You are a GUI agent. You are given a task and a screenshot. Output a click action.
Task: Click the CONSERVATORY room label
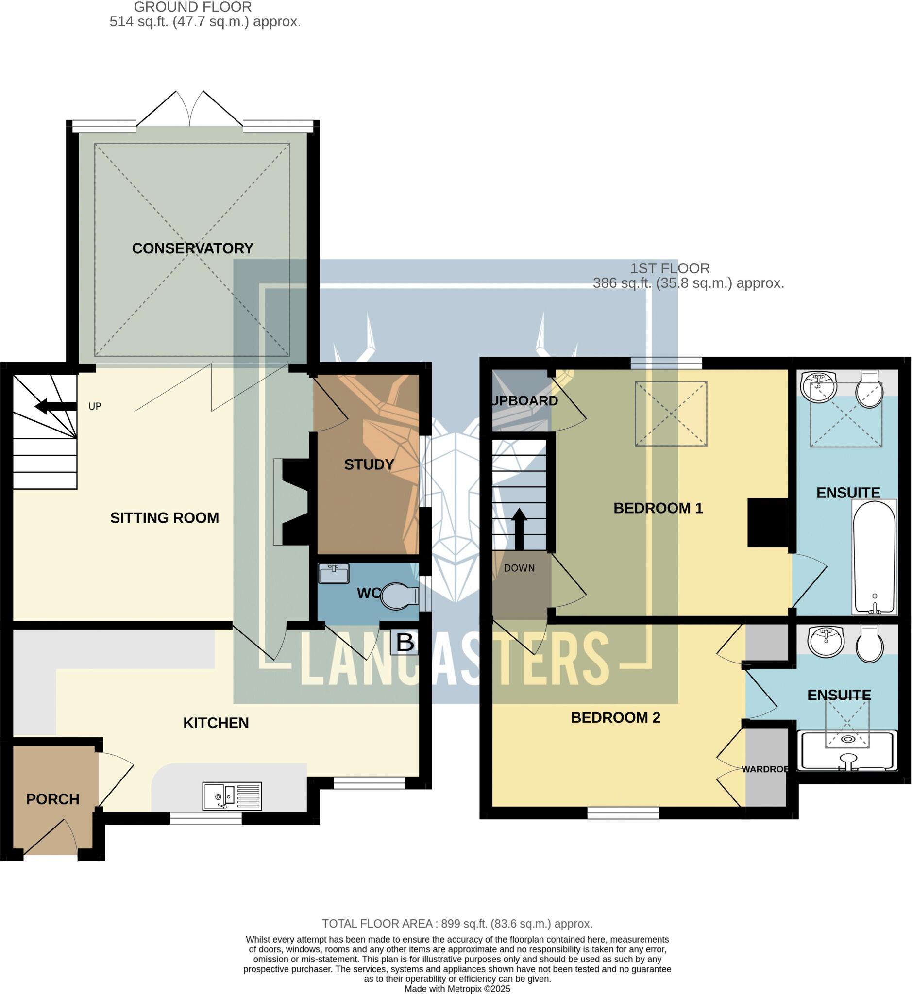click(x=192, y=248)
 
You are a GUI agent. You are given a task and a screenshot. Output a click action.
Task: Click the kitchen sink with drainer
click(x=232, y=795)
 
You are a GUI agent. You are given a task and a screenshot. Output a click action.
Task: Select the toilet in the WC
click(x=399, y=596)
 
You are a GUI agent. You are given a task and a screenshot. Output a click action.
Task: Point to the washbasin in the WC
click(x=334, y=574)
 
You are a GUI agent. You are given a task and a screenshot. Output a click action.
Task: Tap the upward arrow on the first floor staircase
click(x=519, y=529)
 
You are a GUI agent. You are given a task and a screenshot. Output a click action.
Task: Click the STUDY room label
click(x=369, y=464)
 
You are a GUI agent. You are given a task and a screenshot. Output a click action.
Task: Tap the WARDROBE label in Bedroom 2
click(x=764, y=769)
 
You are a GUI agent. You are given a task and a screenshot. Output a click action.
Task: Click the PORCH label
click(x=52, y=799)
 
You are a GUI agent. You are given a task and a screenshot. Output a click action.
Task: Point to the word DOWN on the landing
click(x=519, y=568)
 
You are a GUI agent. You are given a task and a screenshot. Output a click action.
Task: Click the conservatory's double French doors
click(x=189, y=110)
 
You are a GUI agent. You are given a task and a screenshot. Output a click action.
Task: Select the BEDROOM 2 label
click(x=615, y=718)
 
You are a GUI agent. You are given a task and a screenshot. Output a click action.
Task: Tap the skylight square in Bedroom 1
click(x=671, y=414)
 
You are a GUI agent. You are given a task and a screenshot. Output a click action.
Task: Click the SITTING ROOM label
click(x=164, y=518)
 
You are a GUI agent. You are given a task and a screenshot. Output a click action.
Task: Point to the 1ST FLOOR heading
click(x=670, y=268)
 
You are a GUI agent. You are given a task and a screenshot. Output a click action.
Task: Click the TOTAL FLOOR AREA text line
click(x=457, y=924)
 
